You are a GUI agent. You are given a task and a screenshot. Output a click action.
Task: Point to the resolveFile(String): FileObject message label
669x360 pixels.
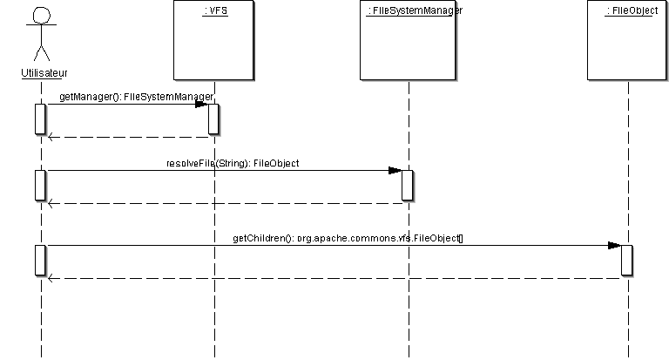click(233, 162)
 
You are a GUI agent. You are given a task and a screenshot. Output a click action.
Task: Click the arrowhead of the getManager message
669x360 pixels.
click(201, 105)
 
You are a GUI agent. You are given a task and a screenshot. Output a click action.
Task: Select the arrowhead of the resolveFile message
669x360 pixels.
click(395, 171)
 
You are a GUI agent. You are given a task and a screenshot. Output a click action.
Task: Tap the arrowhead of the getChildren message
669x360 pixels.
click(614, 246)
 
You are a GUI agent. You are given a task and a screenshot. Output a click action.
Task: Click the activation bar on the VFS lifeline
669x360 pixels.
click(213, 119)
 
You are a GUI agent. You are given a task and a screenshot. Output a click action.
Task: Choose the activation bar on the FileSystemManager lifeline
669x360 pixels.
click(408, 185)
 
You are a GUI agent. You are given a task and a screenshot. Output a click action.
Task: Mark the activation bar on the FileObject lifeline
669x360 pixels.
click(627, 260)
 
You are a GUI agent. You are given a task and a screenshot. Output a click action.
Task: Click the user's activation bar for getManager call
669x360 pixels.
click(40, 119)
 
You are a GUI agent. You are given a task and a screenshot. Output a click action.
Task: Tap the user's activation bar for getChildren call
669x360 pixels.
click(40, 260)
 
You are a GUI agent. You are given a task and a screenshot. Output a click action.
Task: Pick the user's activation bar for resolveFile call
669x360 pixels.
click(40, 185)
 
